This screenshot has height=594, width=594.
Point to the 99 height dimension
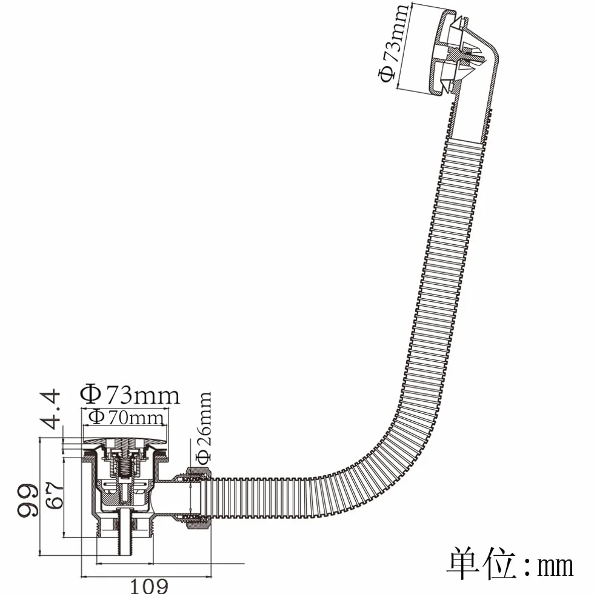pyautogui.click(x=28, y=500)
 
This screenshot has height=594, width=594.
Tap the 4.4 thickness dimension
pyautogui.click(x=50, y=409)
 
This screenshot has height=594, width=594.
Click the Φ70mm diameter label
pyautogui.click(x=126, y=418)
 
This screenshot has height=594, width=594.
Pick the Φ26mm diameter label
pyautogui.click(x=204, y=428)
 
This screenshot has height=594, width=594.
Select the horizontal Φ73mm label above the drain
pyautogui.click(x=130, y=395)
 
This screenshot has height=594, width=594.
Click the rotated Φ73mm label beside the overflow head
pyautogui.click(x=393, y=43)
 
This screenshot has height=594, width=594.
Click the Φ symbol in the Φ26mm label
pyautogui.click(x=204, y=458)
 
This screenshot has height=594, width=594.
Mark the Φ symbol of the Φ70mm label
pyautogui.click(x=96, y=418)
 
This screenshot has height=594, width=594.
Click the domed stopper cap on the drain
pyautogui.click(x=125, y=441)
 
